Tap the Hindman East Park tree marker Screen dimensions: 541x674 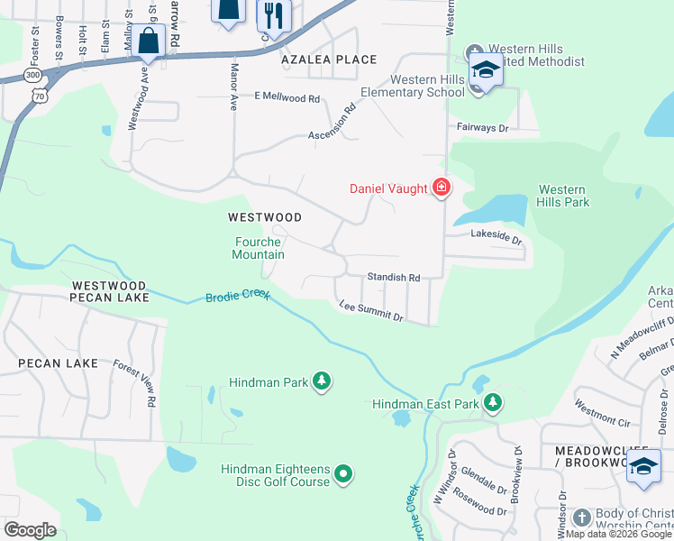(x=492, y=403)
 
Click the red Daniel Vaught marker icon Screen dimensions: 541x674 (x=441, y=188)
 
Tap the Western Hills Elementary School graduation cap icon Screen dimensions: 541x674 (x=485, y=70)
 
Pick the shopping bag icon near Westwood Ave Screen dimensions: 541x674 (x=150, y=40)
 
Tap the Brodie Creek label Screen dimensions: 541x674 (x=238, y=297)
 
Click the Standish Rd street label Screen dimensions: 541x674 (x=393, y=278)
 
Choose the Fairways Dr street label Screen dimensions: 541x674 (x=482, y=128)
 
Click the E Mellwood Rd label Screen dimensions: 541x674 (x=287, y=97)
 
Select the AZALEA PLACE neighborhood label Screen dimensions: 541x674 (x=328, y=60)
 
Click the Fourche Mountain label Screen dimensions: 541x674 (x=260, y=248)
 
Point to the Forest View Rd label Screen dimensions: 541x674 (x=135, y=382)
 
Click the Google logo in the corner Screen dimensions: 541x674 (x=30, y=529)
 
